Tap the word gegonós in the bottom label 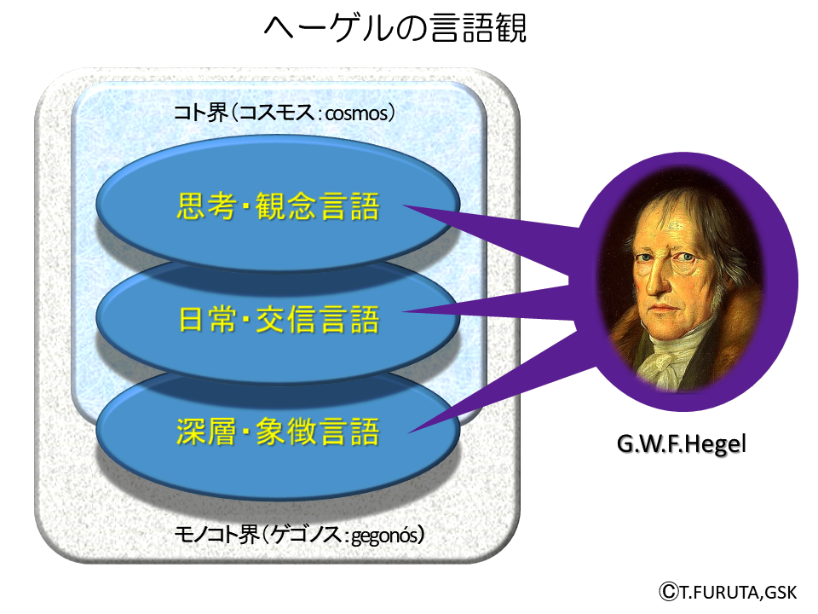[384, 536]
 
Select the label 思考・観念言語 [278, 206]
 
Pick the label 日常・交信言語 [279, 319]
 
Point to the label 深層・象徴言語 [278, 432]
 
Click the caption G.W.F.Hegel [682, 444]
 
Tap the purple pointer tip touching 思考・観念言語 [404, 206]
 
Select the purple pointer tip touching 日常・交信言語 [404, 312]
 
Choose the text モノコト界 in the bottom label [216, 535]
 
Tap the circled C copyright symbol [668, 592]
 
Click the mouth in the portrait [660, 309]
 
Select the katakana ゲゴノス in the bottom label [307, 535]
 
